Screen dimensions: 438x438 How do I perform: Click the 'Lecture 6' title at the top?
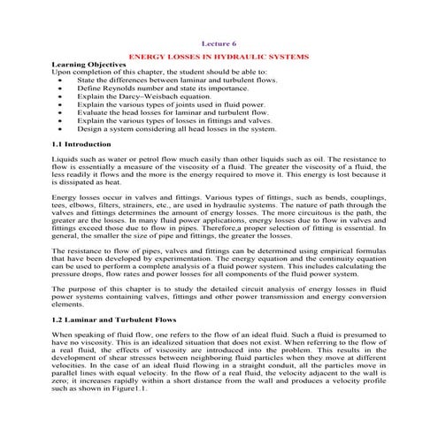pyautogui.click(x=219, y=42)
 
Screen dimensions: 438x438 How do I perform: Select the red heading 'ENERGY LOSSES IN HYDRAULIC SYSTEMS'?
pyautogui.click(x=219, y=56)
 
